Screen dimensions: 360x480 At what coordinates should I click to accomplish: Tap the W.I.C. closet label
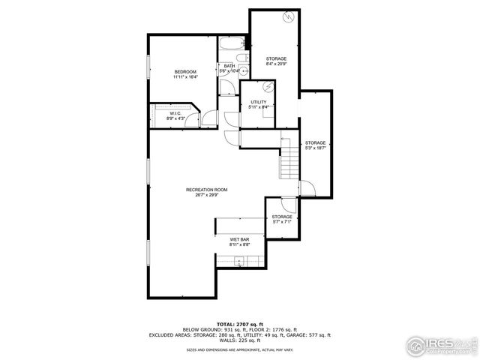[x=174, y=113]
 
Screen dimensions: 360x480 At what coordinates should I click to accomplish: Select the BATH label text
[x=229, y=66]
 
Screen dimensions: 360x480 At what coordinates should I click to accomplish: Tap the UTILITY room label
[x=259, y=102]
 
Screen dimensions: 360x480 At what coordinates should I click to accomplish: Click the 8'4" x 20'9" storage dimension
[x=276, y=64]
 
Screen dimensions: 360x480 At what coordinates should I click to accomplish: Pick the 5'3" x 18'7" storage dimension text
[x=315, y=148]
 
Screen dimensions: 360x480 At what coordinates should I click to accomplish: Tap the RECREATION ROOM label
[x=206, y=190]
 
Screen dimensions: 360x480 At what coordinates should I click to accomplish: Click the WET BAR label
[x=240, y=240]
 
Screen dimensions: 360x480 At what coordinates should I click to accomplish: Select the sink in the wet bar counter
[x=239, y=261]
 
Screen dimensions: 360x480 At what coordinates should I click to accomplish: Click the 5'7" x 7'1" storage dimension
[x=282, y=222]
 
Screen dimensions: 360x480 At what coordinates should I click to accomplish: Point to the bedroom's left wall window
[x=148, y=72]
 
